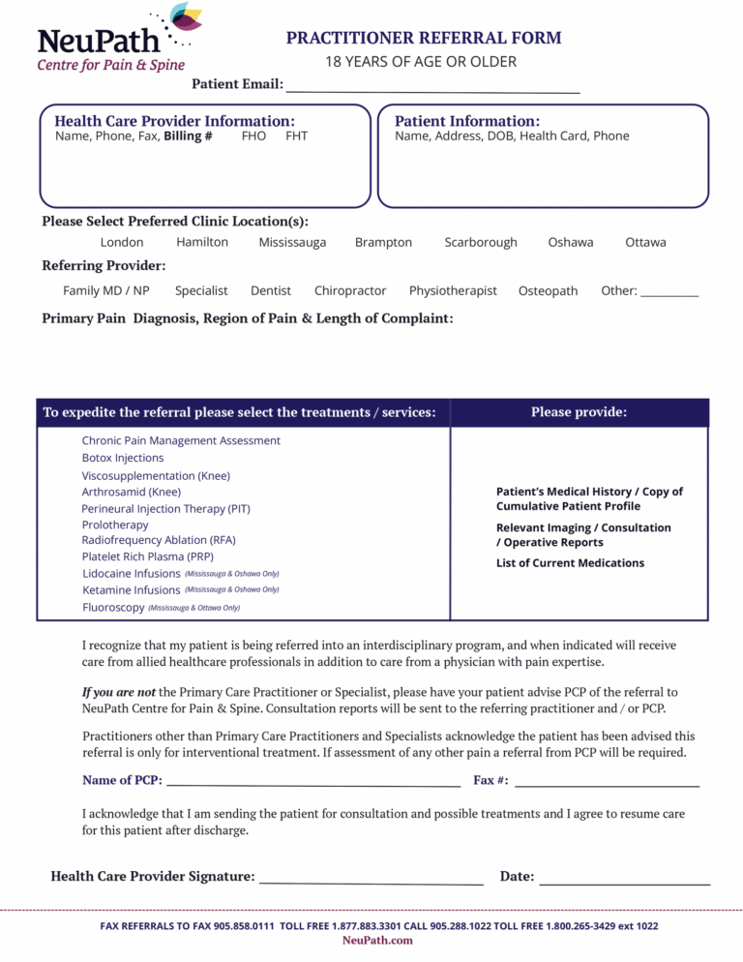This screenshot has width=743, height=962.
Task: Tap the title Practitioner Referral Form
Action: [x=423, y=38]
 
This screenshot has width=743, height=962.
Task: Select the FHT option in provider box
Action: [x=296, y=136]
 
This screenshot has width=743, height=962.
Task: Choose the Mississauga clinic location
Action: [x=292, y=243]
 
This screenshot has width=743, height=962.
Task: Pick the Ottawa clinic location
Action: [x=645, y=243]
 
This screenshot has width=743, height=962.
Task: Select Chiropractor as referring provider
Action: [x=350, y=290]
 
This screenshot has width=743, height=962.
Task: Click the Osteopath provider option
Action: [x=548, y=290]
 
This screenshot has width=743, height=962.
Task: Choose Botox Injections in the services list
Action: [x=123, y=458]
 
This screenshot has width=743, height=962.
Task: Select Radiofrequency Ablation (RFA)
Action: [x=159, y=540]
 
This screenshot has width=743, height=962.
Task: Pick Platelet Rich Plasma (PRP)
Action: [x=147, y=556]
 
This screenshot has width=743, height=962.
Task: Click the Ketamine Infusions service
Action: [x=132, y=589]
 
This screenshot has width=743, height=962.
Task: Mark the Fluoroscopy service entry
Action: [x=113, y=607]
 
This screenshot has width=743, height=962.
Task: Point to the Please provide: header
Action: [x=579, y=412]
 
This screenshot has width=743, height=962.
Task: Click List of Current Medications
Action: [x=570, y=563]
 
